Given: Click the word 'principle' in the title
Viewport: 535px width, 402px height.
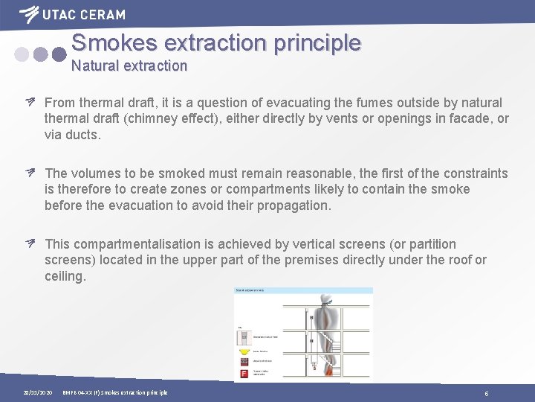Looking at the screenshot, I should (317, 42).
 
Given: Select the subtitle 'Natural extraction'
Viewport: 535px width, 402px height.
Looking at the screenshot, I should (129, 66).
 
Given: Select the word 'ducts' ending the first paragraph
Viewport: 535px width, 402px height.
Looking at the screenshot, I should (82, 135).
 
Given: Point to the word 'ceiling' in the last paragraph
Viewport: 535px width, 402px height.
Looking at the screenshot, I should (64, 276).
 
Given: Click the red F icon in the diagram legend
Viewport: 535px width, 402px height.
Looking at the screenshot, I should (244, 371).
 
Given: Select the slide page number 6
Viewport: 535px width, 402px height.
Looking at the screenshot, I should (486, 392).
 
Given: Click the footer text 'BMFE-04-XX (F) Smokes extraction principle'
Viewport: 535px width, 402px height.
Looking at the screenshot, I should (115, 392).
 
